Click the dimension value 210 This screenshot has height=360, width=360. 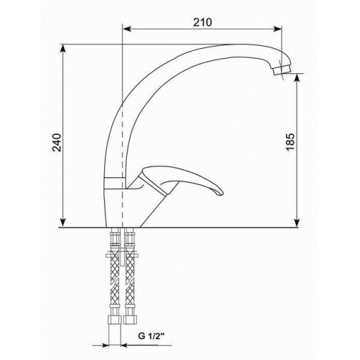[204, 22]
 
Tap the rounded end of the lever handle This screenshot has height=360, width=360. [218, 192]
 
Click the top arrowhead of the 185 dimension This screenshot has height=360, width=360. [298, 75]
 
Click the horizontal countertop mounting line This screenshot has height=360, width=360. [196, 229]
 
